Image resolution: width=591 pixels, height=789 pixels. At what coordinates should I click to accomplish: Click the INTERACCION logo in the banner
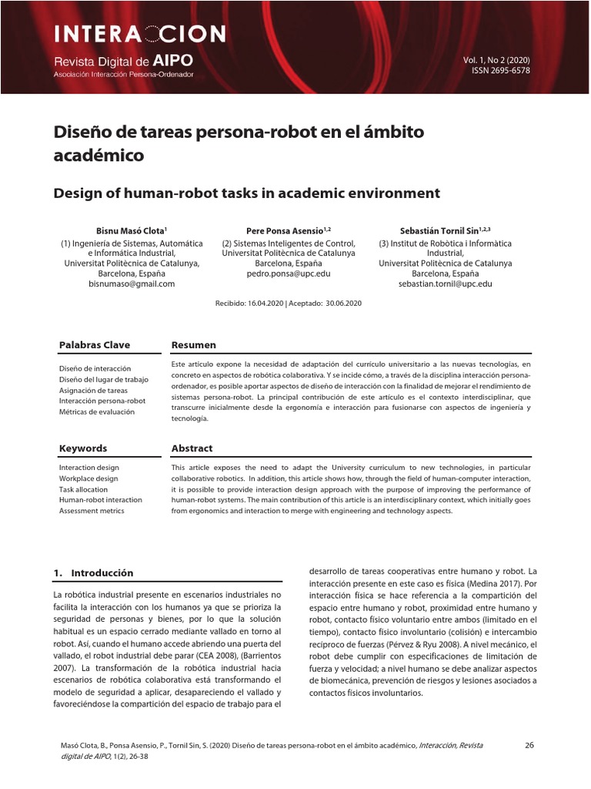(x=139, y=34)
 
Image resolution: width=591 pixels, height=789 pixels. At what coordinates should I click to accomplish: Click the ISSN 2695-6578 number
(x=500, y=71)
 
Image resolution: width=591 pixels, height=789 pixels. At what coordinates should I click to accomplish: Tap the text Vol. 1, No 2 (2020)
(x=496, y=60)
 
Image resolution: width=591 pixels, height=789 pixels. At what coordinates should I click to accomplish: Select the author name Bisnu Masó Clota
(x=130, y=230)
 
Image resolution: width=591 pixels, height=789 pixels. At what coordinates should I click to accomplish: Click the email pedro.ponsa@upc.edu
(x=289, y=274)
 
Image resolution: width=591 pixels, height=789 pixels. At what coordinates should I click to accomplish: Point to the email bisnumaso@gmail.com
(x=132, y=284)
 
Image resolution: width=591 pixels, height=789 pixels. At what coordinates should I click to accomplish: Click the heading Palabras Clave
(x=95, y=345)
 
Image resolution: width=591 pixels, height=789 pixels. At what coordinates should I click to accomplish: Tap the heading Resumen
(x=193, y=345)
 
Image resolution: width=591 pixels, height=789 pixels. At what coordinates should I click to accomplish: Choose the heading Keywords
(x=83, y=448)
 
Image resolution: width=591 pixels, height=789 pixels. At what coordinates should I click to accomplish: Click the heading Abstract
(x=192, y=448)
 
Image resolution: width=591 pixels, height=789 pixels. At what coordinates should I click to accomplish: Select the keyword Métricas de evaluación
(x=96, y=412)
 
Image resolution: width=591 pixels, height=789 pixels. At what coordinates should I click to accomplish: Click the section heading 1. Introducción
(x=93, y=573)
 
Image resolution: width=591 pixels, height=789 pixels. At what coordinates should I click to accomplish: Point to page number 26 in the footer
(x=529, y=745)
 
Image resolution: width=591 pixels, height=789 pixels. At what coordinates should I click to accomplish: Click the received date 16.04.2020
(x=264, y=304)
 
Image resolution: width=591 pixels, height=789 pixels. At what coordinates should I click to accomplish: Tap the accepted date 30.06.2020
(x=343, y=304)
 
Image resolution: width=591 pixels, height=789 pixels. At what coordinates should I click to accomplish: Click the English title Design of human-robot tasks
(x=246, y=193)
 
